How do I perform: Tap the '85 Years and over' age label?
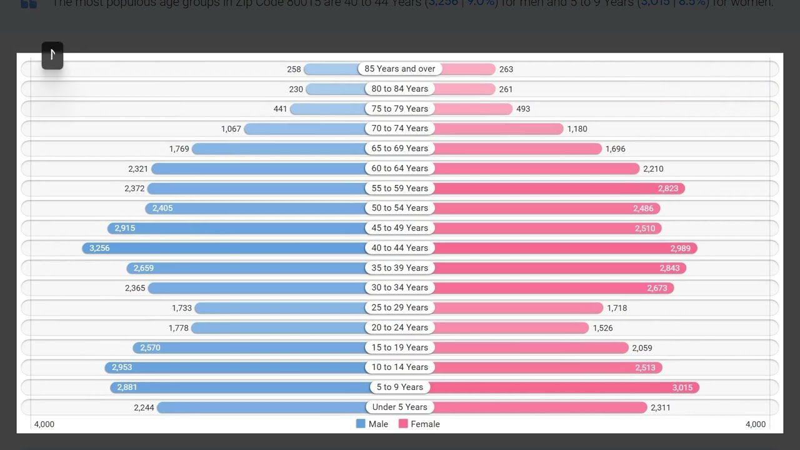[x=400, y=69]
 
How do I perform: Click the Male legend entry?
[x=372, y=424]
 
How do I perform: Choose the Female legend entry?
[x=419, y=424]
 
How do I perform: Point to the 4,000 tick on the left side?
[x=44, y=424]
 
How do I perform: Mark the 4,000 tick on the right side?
[x=755, y=424]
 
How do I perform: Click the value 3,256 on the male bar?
[x=99, y=248]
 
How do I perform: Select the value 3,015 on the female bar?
[x=682, y=387]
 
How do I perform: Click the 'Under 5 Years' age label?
[x=400, y=407]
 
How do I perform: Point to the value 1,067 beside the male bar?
[x=231, y=129]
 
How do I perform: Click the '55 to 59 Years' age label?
[x=400, y=188]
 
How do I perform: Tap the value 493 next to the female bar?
[x=523, y=109]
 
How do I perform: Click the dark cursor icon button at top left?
[x=52, y=55]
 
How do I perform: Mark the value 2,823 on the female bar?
[x=668, y=188]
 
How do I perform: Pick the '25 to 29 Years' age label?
[x=400, y=307]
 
